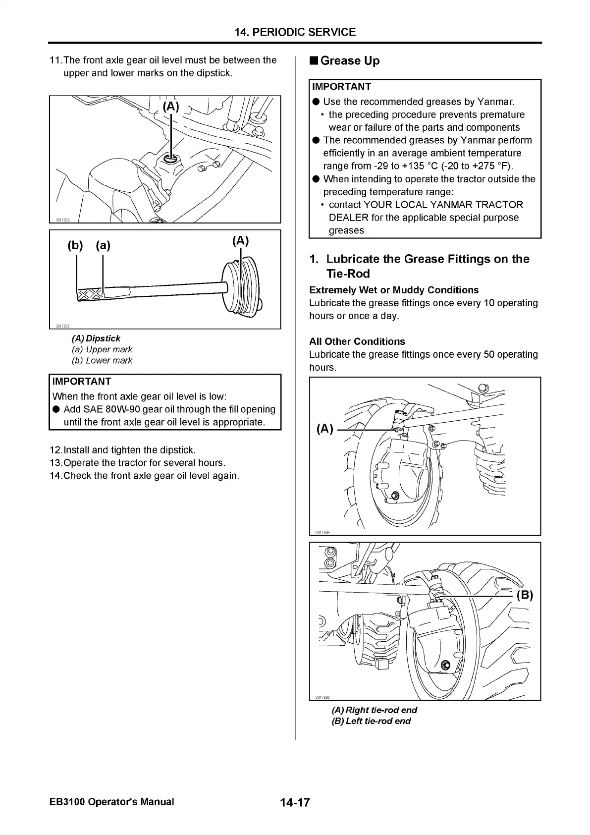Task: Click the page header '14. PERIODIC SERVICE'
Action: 295,32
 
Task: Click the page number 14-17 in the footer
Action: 294,802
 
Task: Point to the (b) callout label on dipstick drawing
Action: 75,245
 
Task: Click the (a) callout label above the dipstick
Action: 103,245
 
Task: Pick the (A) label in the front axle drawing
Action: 170,107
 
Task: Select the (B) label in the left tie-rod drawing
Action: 525,595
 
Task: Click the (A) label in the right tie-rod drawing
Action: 325,429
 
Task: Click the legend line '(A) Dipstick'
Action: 96,338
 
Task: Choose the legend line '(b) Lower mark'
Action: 102,361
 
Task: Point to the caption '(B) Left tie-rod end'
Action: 371,721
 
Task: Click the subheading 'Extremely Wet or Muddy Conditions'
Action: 394,290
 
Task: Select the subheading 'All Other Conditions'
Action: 357,341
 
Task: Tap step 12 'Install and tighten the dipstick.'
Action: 123,450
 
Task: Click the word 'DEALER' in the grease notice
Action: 349,218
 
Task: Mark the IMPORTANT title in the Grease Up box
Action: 341,87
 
